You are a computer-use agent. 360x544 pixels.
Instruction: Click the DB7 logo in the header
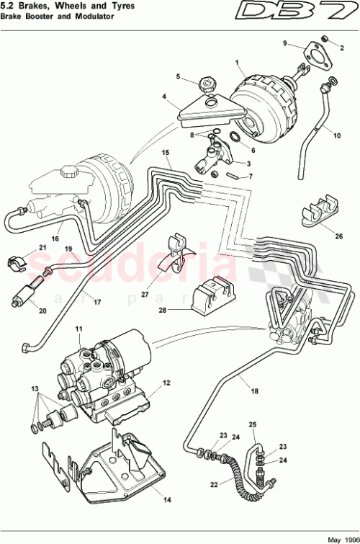point(315,12)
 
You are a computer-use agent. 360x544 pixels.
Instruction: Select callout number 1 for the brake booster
point(236,63)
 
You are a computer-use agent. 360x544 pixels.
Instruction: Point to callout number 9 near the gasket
point(285,44)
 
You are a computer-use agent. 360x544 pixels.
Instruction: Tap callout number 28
point(163,310)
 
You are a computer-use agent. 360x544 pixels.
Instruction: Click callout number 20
point(42,311)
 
